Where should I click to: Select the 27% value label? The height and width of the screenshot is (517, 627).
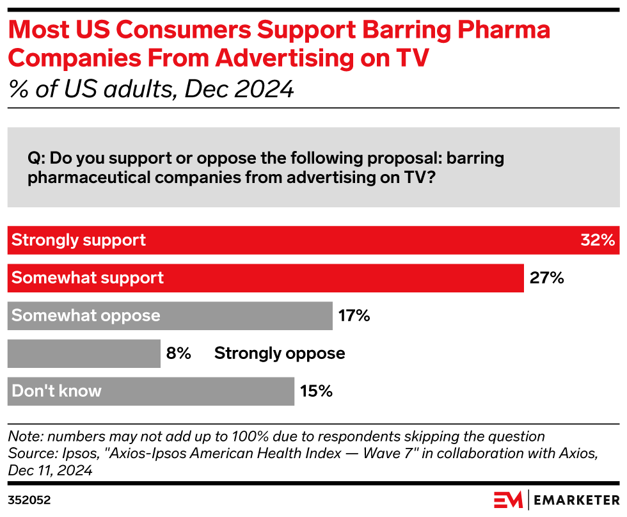(x=546, y=278)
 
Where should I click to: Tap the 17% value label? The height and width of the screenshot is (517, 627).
(x=354, y=315)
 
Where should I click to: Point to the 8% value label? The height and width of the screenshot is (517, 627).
(x=179, y=353)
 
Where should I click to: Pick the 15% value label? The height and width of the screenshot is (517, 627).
(x=316, y=391)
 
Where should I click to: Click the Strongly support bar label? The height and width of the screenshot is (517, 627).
(x=79, y=241)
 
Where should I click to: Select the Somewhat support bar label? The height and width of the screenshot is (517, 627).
(x=88, y=278)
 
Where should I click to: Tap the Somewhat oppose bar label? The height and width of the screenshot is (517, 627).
(x=86, y=315)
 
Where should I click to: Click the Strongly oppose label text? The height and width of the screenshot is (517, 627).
(x=280, y=353)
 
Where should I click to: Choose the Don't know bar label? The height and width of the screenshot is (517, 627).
(x=56, y=391)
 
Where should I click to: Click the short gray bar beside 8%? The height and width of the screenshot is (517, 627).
(x=84, y=353)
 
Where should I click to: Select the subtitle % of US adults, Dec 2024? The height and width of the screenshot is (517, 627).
(x=151, y=89)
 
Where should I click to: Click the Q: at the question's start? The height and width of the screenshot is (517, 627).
(x=36, y=158)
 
